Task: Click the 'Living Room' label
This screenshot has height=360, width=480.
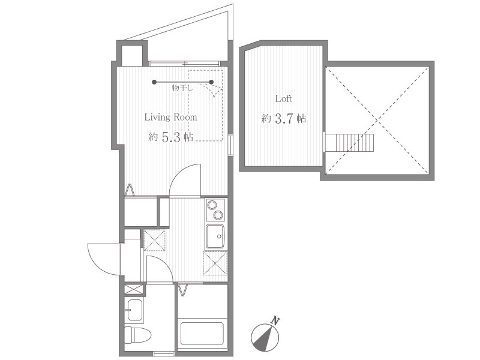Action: tap(170, 117)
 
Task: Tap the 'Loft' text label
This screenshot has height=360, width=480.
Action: tap(283, 98)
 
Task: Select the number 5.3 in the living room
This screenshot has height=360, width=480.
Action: tap(170, 137)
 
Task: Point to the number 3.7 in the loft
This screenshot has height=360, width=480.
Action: tap(284, 118)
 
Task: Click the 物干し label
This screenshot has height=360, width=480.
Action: tap(182, 88)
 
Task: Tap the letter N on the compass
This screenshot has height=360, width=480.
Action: tap(276, 321)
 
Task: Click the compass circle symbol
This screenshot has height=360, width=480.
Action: tap(265, 338)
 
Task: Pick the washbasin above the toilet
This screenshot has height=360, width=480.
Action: tap(134, 310)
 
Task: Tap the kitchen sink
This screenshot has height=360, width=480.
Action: tap(215, 236)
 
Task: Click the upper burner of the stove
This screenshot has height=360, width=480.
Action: tap(212, 205)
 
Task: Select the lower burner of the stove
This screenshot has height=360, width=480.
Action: tap(218, 215)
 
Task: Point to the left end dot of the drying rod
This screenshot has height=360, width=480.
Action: tap(155, 82)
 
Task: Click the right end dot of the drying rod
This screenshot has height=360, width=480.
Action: tap(211, 82)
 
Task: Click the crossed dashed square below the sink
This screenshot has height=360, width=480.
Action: tap(215, 263)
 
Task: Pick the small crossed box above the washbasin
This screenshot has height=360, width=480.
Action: tap(134, 289)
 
